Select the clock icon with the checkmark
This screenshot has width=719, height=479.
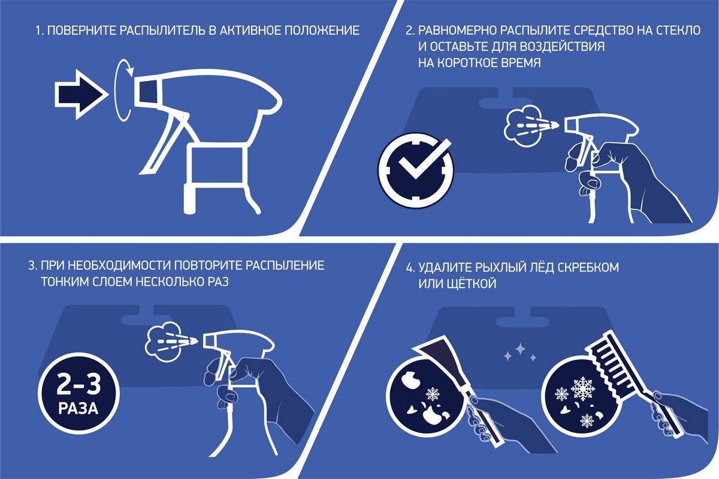coord(416,170)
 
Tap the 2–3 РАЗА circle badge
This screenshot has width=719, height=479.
coord(78,393)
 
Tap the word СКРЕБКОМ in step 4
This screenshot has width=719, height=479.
coord(588,267)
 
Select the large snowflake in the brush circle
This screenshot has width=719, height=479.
coord(583,388)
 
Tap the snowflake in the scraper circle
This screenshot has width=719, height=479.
coord(433,394)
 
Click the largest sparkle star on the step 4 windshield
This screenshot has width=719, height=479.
coord(520,348)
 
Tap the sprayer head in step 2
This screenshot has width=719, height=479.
coord(600,127)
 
